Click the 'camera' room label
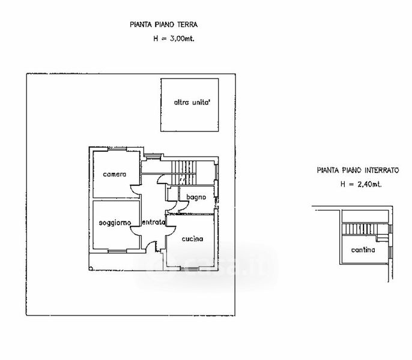point(114,175)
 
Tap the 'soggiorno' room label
point(115,223)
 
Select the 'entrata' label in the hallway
point(153,223)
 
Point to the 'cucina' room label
point(192,238)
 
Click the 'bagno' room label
point(196,197)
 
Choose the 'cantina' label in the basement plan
point(363,250)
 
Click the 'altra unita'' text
point(192,103)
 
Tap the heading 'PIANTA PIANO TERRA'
point(164,25)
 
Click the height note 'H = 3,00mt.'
point(174,38)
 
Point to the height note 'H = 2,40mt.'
point(361,184)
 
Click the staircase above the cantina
point(364,229)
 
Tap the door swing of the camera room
point(135,190)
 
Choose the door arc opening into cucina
point(170,229)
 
